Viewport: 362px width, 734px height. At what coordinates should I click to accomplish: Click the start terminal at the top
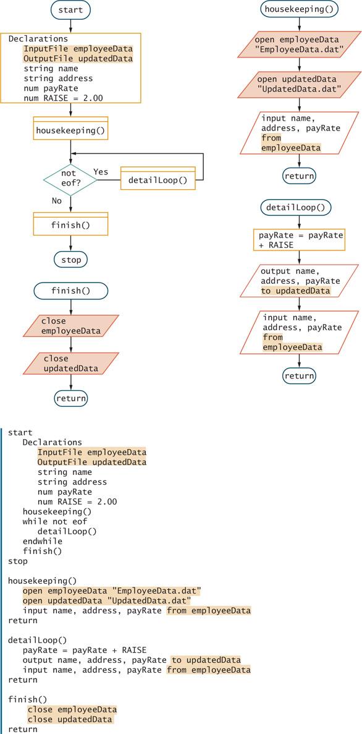(x=70, y=9)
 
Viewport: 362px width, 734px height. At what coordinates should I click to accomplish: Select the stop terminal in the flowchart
(x=70, y=259)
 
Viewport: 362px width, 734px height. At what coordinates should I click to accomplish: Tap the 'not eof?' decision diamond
(x=70, y=179)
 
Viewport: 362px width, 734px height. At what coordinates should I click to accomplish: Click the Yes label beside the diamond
(x=101, y=172)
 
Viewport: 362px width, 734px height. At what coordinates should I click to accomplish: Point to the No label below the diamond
(x=57, y=200)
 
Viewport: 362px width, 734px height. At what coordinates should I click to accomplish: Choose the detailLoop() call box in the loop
(x=158, y=178)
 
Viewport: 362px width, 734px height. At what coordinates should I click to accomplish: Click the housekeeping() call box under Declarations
(x=70, y=128)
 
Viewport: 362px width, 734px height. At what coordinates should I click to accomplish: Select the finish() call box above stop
(x=70, y=224)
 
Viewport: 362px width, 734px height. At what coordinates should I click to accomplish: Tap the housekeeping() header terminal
(x=299, y=9)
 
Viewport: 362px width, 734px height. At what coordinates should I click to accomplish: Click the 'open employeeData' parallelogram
(x=299, y=45)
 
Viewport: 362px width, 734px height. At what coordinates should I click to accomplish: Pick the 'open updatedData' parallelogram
(x=299, y=84)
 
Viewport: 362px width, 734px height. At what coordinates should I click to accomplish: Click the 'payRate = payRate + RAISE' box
(x=299, y=240)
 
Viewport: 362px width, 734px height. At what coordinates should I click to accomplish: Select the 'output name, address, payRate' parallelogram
(x=299, y=281)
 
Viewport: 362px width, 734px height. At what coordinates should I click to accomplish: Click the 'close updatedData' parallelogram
(x=70, y=364)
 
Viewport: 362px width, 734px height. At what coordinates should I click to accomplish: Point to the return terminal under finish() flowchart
(x=70, y=398)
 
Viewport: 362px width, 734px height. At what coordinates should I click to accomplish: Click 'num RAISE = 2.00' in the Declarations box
(x=64, y=98)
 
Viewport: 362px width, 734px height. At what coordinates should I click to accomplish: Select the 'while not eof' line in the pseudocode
(x=55, y=521)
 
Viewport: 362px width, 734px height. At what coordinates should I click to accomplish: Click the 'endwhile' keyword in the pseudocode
(x=42, y=541)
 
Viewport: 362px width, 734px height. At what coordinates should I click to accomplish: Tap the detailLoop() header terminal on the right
(x=299, y=207)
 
